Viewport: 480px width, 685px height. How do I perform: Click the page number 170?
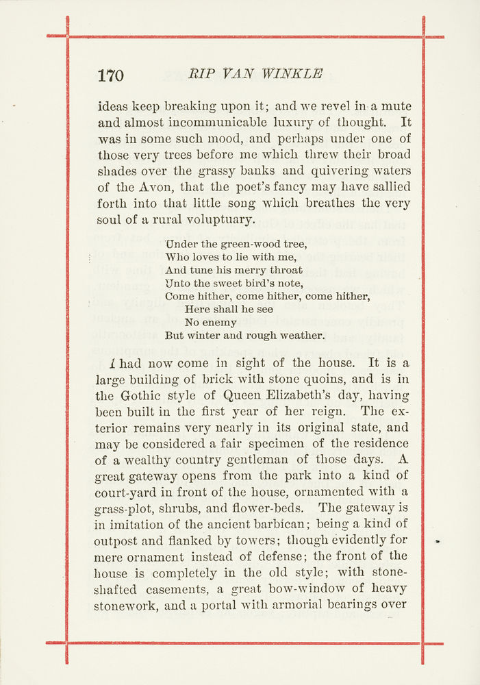pyautogui.click(x=110, y=75)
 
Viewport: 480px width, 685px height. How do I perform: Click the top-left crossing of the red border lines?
pyautogui.click(x=67, y=36)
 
